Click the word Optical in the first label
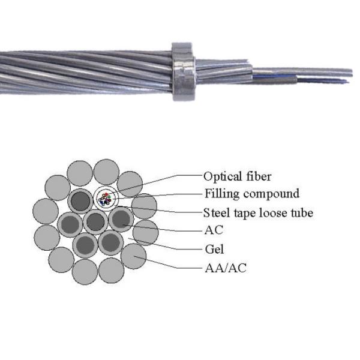pos(220,176)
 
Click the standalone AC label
pos(212,230)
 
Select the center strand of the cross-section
pos(95,222)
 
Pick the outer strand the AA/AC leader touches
pos(134,257)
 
